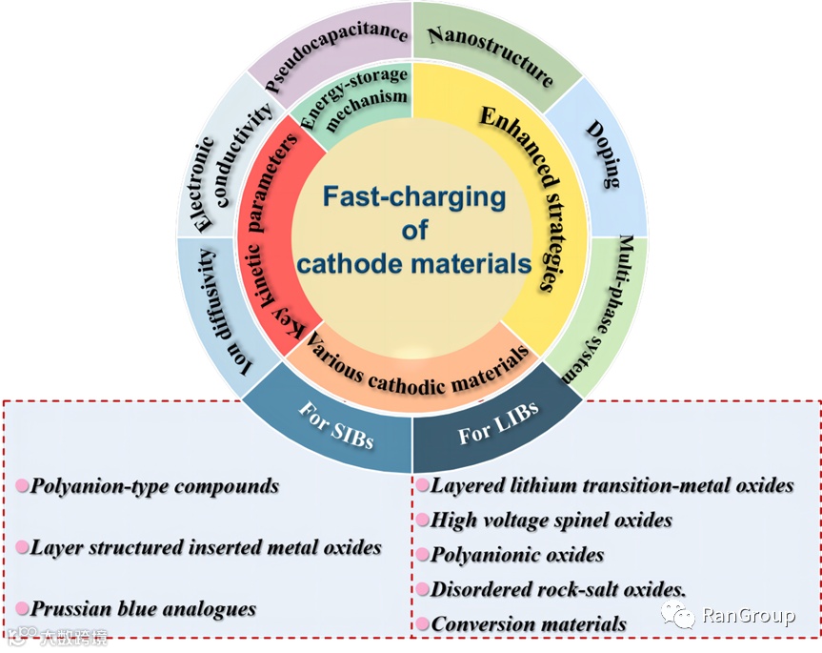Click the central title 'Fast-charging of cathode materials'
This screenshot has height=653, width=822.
[412, 230]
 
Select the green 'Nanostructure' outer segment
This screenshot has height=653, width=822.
[490, 53]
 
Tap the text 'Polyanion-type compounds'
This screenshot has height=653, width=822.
[154, 486]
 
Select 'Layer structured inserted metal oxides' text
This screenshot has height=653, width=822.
[206, 547]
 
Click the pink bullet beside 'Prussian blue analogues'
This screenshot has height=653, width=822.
[22, 608]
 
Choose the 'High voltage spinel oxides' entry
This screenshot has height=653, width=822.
[551, 520]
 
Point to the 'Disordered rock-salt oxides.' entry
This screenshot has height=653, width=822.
[558, 589]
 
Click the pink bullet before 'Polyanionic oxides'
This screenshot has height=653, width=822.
[422, 555]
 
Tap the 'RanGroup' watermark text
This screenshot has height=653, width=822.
[748, 616]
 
